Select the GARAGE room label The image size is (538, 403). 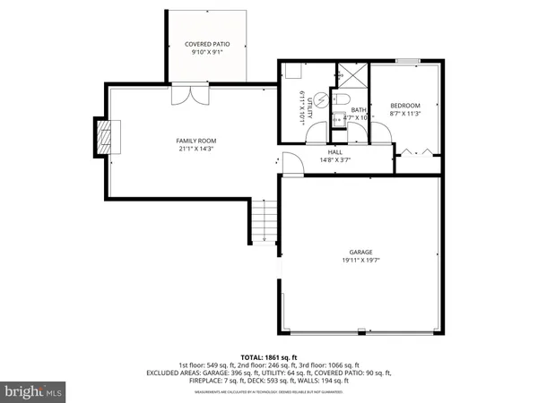pos(360,253)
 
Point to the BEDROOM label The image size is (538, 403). pos(405,106)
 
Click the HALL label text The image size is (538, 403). pos(335,152)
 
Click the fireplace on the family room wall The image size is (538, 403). pos(106,137)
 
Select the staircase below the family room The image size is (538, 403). pos(264,222)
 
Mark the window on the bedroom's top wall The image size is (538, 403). pos(408,61)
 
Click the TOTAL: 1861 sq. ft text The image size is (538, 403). pos(268,356)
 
